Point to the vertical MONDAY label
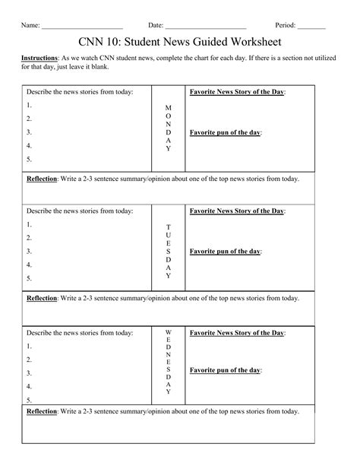tap(168, 127)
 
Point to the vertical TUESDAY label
tap(168, 251)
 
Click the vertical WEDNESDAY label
tap(168, 366)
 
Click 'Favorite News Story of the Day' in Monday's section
tap(237, 92)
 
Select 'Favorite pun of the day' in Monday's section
tap(226, 132)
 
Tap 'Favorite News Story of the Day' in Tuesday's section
tap(237, 211)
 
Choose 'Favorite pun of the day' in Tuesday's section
tap(226, 251)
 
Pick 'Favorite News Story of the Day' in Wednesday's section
tap(237, 333)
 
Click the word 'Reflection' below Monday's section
tap(43, 179)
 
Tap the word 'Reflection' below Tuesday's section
tap(43, 298)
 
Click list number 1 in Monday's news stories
tap(29, 106)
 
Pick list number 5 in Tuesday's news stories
tap(29, 278)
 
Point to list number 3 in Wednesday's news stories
tap(29, 373)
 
